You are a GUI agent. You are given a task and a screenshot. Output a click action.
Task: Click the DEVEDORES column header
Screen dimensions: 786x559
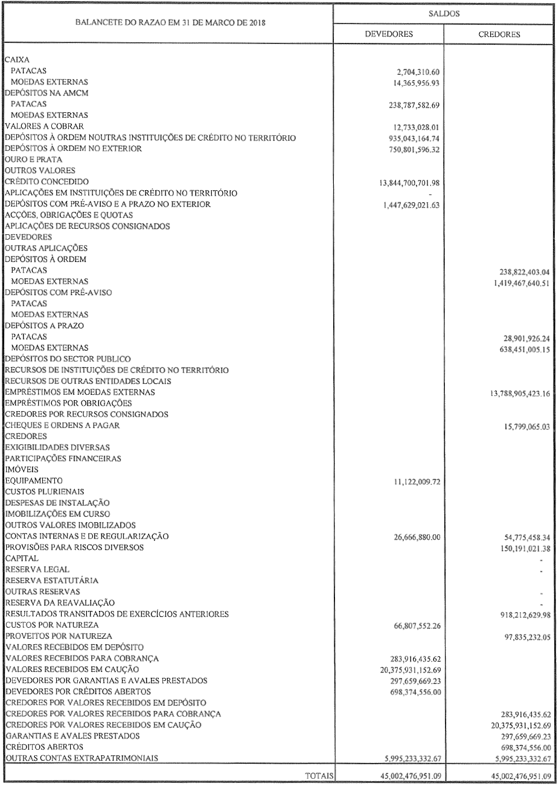pos(389,34)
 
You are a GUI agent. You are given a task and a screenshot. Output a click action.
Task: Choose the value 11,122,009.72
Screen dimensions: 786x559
pos(414,482)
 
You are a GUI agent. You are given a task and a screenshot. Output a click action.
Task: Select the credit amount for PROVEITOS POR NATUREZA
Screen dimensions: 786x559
pos(523,636)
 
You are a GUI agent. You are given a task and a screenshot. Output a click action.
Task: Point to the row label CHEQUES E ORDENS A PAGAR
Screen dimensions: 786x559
pos(63,425)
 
